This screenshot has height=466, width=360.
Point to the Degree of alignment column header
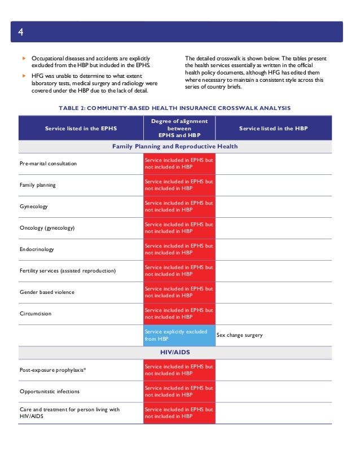click(x=179, y=128)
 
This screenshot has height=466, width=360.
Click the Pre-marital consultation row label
click(x=48, y=164)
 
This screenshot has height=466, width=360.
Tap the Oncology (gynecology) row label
click(x=47, y=228)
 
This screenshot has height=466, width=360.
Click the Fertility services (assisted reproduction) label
click(x=67, y=271)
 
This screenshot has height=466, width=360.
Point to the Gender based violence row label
click(x=47, y=292)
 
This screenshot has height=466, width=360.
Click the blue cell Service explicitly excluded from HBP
click(x=179, y=335)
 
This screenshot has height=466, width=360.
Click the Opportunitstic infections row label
click(x=50, y=392)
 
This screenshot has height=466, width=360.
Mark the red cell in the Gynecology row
click(x=179, y=206)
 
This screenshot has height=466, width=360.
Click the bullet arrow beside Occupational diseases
click(x=23, y=59)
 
